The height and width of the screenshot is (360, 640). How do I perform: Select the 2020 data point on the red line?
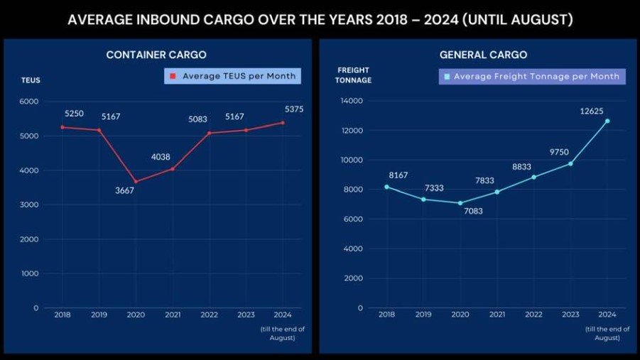pyautogui.click(x=136, y=181)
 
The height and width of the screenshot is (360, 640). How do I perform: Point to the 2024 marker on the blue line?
pyautogui.click(x=607, y=121)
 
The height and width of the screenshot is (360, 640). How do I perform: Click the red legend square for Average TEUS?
pyautogui.click(x=173, y=76)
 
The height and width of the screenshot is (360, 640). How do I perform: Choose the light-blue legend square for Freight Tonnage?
pyautogui.click(x=448, y=77)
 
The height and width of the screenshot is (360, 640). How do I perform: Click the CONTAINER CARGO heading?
pyautogui.click(x=156, y=55)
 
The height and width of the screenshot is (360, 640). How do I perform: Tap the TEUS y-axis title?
pyautogui.click(x=31, y=80)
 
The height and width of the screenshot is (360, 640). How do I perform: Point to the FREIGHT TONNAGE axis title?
pyautogui.click(x=353, y=75)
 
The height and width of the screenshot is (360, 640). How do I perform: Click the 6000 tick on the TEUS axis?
pyautogui.click(x=29, y=102)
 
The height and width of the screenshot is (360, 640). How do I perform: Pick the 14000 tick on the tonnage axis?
pyautogui.click(x=352, y=102)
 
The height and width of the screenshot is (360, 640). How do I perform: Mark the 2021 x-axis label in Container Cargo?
pyautogui.click(x=173, y=315)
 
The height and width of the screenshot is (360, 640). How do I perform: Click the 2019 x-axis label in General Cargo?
pyautogui.click(x=423, y=315)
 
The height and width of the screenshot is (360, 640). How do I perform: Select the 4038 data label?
pyautogui.click(x=161, y=157)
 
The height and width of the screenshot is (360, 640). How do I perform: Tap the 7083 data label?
pyautogui.click(x=474, y=211)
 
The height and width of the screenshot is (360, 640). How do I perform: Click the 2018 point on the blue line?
pyautogui.click(x=386, y=187)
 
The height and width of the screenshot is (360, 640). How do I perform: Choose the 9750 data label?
pyautogui.click(x=559, y=151)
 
